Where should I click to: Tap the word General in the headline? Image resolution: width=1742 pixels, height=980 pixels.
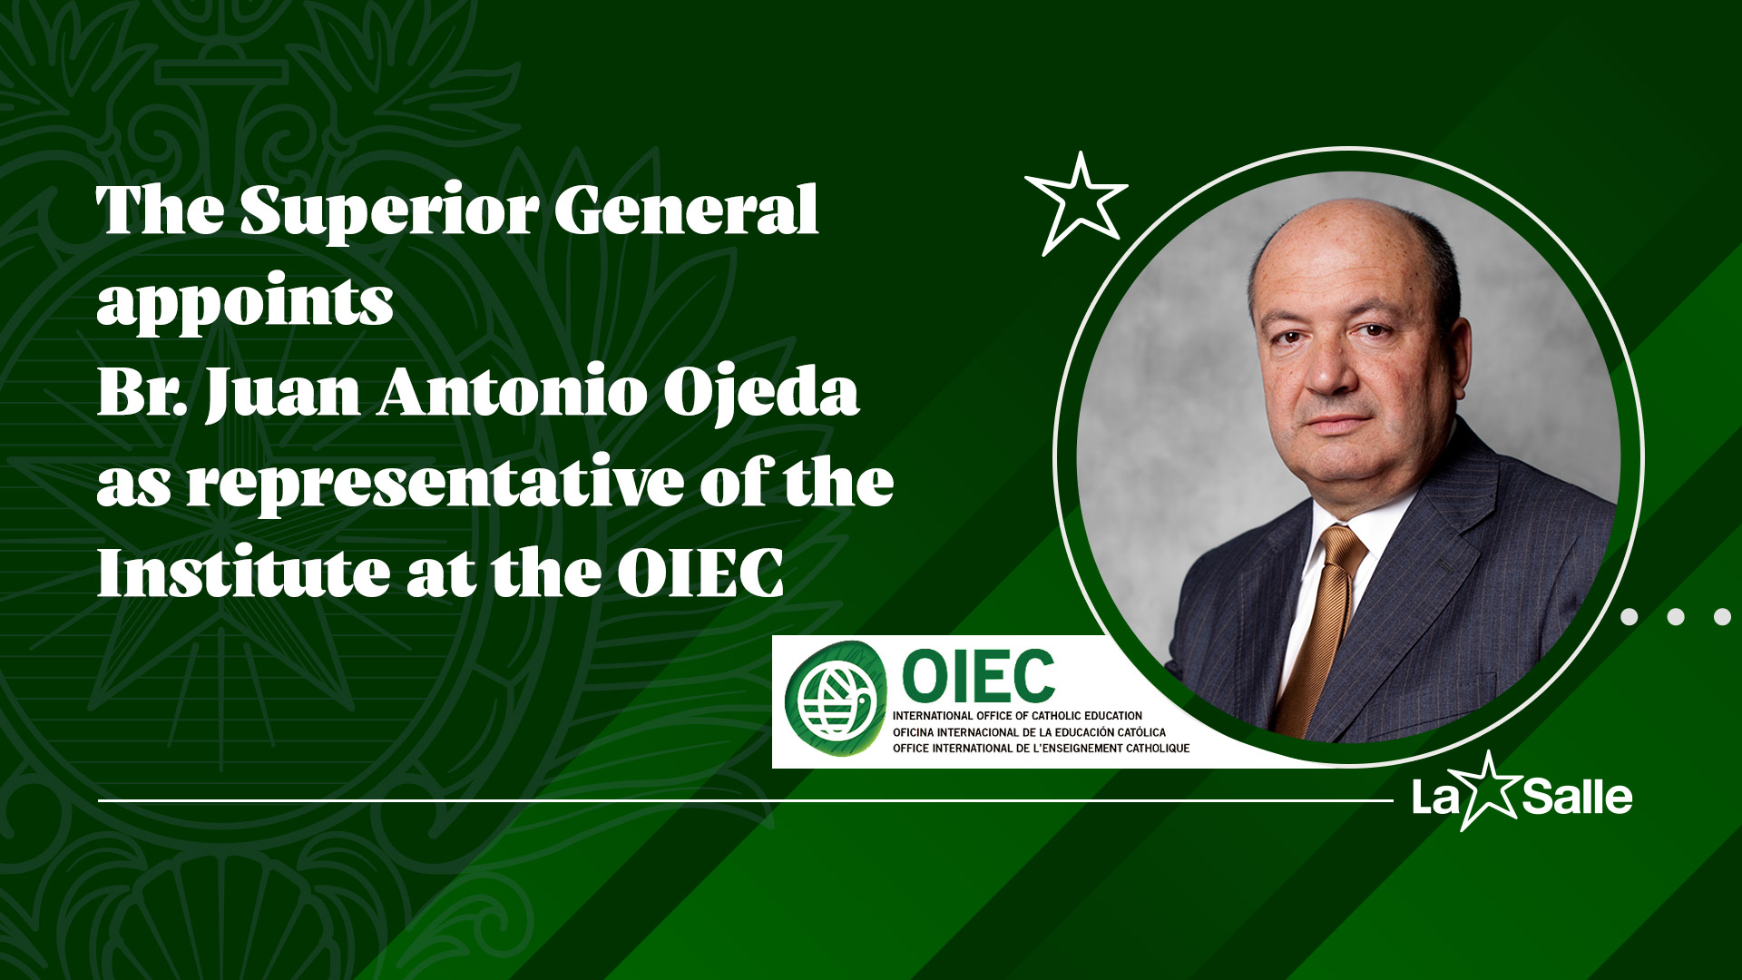pyautogui.click(x=687, y=211)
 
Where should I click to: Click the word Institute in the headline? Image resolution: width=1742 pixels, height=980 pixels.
pyautogui.click(x=243, y=573)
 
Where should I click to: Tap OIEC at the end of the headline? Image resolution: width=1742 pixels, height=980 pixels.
pyautogui.click(x=700, y=573)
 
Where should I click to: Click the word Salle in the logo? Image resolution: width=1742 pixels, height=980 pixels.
pyautogui.click(x=1577, y=797)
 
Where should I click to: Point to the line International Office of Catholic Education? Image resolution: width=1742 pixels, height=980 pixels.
pyautogui.click(x=1017, y=716)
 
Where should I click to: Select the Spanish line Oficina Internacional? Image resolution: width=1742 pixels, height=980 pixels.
pyautogui.click(x=1029, y=731)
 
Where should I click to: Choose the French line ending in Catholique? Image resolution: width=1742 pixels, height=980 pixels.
pyautogui.click(x=1041, y=748)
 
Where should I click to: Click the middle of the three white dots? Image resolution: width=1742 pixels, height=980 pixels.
pyautogui.click(x=1676, y=617)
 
